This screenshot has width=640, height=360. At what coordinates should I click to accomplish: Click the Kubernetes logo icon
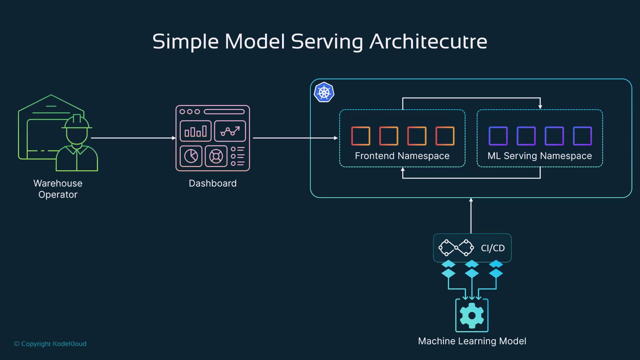pyautogui.click(x=324, y=92)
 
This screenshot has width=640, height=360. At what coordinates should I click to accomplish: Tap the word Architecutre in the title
pyautogui.click(x=428, y=42)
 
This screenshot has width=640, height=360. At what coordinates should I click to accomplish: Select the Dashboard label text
pyautogui.click(x=213, y=183)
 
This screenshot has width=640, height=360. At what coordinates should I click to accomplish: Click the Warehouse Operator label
pyautogui.click(x=58, y=189)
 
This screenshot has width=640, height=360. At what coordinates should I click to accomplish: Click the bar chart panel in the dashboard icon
pyautogui.click(x=196, y=131)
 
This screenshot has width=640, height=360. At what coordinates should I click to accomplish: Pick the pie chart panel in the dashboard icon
pyautogui.click(x=191, y=156)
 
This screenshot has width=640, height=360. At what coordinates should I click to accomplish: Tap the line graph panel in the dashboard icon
pyautogui.click(x=230, y=131)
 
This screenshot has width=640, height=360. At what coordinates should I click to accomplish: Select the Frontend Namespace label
pyautogui.click(x=402, y=156)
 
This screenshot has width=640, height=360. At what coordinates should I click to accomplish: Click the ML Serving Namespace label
pyautogui.click(x=540, y=156)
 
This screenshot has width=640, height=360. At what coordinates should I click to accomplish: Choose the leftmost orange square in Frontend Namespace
pyautogui.click(x=361, y=136)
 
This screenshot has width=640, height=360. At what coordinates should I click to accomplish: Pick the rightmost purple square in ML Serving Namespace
pyautogui.click(x=582, y=136)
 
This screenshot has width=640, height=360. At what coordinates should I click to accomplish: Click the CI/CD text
pyautogui.click(x=493, y=248)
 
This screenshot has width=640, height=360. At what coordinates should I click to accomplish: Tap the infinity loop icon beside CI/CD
pyautogui.click(x=456, y=248)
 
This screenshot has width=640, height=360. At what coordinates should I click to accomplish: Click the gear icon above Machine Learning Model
pyautogui.click(x=472, y=315)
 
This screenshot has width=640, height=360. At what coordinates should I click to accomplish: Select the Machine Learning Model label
pyautogui.click(x=472, y=341)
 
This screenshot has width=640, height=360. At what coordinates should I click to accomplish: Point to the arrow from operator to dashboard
pyautogui.click(x=133, y=138)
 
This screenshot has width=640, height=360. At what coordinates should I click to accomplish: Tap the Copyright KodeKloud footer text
pyautogui.click(x=50, y=344)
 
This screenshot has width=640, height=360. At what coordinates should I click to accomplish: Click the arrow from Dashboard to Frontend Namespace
pyautogui.click(x=295, y=138)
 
